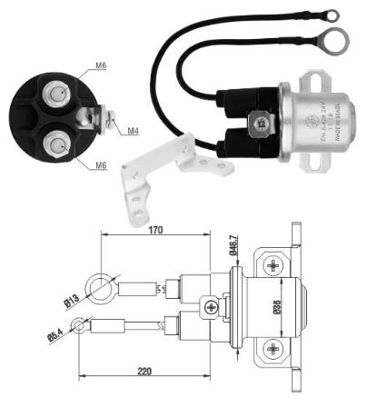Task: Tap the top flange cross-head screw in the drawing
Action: point(276,264)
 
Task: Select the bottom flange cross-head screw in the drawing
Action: point(276,349)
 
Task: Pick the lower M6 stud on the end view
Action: point(57,143)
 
